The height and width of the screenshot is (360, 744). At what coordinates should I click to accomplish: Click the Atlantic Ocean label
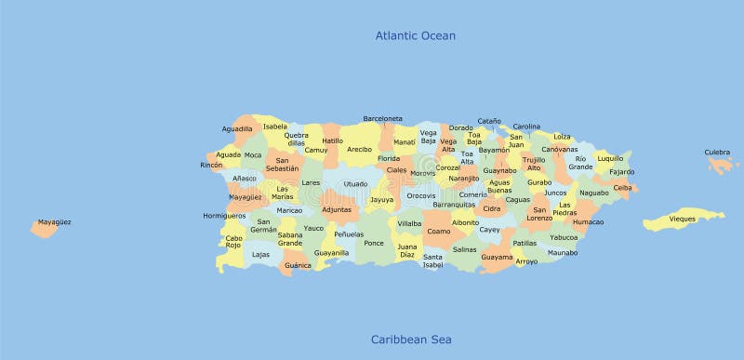click(x=415, y=36)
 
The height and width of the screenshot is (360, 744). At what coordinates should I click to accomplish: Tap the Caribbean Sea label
click(x=411, y=340)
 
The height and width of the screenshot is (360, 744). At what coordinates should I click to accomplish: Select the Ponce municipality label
click(x=373, y=243)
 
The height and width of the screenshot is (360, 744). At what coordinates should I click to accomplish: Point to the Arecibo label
click(x=359, y=149)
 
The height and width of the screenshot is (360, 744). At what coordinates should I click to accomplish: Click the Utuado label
click(x=354, y=184)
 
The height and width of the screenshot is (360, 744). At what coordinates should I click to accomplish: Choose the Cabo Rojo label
click(x=233, y=242)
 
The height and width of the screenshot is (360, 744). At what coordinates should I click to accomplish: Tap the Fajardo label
click(x=622, y=172)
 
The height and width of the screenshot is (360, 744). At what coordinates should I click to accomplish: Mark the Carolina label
click(x=526, y=127)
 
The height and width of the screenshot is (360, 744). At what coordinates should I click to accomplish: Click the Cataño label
click(x=489, y=121)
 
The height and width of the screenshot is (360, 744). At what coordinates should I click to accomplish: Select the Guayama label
click(x=497, y=257)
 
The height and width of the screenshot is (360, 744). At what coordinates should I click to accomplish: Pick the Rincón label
click(x=212, y=165)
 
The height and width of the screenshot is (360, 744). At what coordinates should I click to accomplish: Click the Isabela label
click(x=275, y=127)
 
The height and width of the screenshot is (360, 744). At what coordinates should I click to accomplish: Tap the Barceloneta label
click(x=382, y=119)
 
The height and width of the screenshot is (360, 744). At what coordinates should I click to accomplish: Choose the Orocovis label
click(x=420, y=195)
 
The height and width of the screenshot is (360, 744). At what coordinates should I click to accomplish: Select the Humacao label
click(x=588, y=222)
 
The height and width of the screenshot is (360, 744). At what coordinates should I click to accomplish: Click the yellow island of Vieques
click(x=684, y=220)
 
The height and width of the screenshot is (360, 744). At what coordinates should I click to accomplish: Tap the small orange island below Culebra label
click(x=722, y=166)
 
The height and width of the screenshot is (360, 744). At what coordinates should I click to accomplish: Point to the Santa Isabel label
click(x=433, y=260)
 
